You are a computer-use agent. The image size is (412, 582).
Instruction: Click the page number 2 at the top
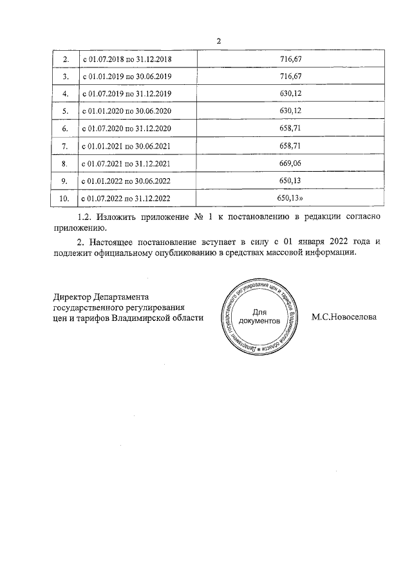[219, 42]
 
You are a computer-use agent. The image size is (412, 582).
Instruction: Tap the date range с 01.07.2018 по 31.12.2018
[129, 60]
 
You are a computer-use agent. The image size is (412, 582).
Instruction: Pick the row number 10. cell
[64, 199]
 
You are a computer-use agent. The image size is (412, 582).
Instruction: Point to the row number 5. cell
[64, 112]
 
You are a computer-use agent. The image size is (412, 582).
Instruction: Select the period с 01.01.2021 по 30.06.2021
[129, 147]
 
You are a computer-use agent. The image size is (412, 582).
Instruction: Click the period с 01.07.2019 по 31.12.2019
[129, 95]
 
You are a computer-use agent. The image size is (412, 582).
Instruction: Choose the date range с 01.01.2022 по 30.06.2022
[129, 181]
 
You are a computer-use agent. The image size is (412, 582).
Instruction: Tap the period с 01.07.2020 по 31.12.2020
[129, 129]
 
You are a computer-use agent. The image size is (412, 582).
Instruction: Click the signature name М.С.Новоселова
[344, 317]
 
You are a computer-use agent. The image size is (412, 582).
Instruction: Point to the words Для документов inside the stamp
[258, 315]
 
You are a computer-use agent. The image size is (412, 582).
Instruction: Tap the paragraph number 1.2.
[86, 217]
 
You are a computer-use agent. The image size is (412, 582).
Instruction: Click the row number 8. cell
[64, 164]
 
